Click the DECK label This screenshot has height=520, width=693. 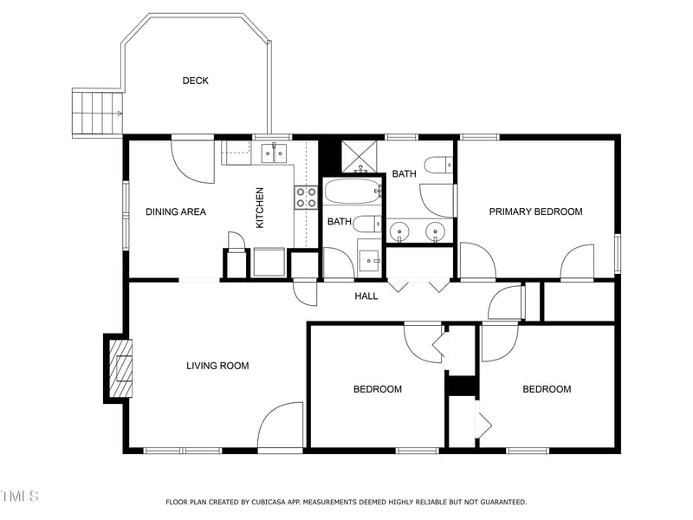195,81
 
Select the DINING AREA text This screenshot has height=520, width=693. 175,211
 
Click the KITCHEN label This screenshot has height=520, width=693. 259,208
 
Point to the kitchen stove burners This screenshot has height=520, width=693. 306,198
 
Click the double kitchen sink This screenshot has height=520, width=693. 274,154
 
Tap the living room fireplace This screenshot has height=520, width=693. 120,367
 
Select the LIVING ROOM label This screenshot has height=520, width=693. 217,366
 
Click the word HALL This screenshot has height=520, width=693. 366,296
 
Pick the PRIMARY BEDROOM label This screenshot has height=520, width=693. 535,211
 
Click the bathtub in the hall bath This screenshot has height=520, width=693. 353,190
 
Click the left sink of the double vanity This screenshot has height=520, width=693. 399,231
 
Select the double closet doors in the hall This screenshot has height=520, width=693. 418,285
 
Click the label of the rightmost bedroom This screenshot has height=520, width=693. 547,389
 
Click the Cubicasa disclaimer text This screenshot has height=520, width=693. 346,502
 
